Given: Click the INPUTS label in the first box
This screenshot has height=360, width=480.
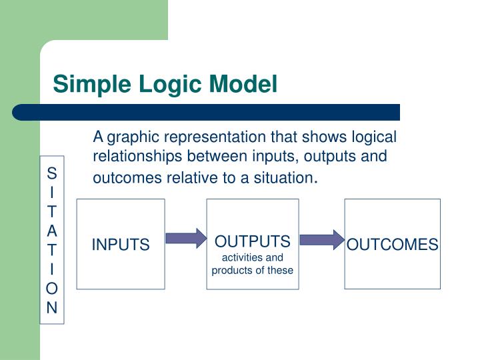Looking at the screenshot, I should pyautogui.click(x=121, y=245).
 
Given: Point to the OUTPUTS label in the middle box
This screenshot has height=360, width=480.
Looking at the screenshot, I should pyautogui.click(x=253, y=241).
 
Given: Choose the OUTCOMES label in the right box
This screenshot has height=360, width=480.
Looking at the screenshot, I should pyautogui.click(x=392, y=245).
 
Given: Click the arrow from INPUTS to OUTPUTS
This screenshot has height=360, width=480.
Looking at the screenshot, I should pyautogui.click(x=186, y=239).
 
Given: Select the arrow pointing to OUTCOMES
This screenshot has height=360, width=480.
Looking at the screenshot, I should pyautogui.click(x=321, y=239).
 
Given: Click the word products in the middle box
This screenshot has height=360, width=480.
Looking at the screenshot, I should pyautogui.click(x=233, y=270).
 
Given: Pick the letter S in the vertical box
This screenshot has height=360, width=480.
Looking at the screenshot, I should pyautogui.click(x=52, y=173).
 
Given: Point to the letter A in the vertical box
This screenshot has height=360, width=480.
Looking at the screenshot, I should pyautogui.click(x=52, y=231).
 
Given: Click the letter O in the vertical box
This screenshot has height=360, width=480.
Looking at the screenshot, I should pyautogui.click(x=52, y=289).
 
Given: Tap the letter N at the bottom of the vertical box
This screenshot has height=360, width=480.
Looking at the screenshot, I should pyautogui.click(x=52, y=308).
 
